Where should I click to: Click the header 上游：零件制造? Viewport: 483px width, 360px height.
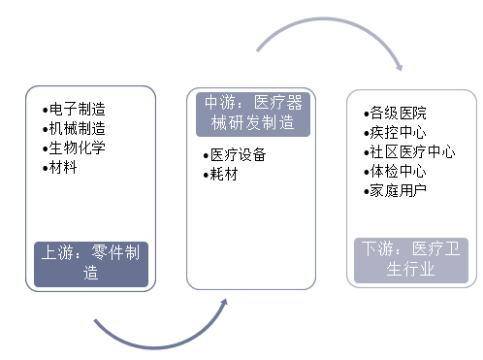(92, 263)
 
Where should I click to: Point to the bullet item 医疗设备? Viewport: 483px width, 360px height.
(240, 155)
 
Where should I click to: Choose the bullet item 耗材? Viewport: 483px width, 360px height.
(225, 175)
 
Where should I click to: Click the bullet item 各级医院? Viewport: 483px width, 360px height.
(399, 114)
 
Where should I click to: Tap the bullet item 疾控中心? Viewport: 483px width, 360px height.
(399, 132)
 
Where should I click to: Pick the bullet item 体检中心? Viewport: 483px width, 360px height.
(399, 171)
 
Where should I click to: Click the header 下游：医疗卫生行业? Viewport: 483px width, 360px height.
(411, 259)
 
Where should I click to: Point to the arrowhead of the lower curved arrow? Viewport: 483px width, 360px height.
(224, 303)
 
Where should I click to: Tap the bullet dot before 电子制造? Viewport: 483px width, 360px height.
(46, 110)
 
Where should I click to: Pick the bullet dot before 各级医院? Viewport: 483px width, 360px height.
(366, 114)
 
